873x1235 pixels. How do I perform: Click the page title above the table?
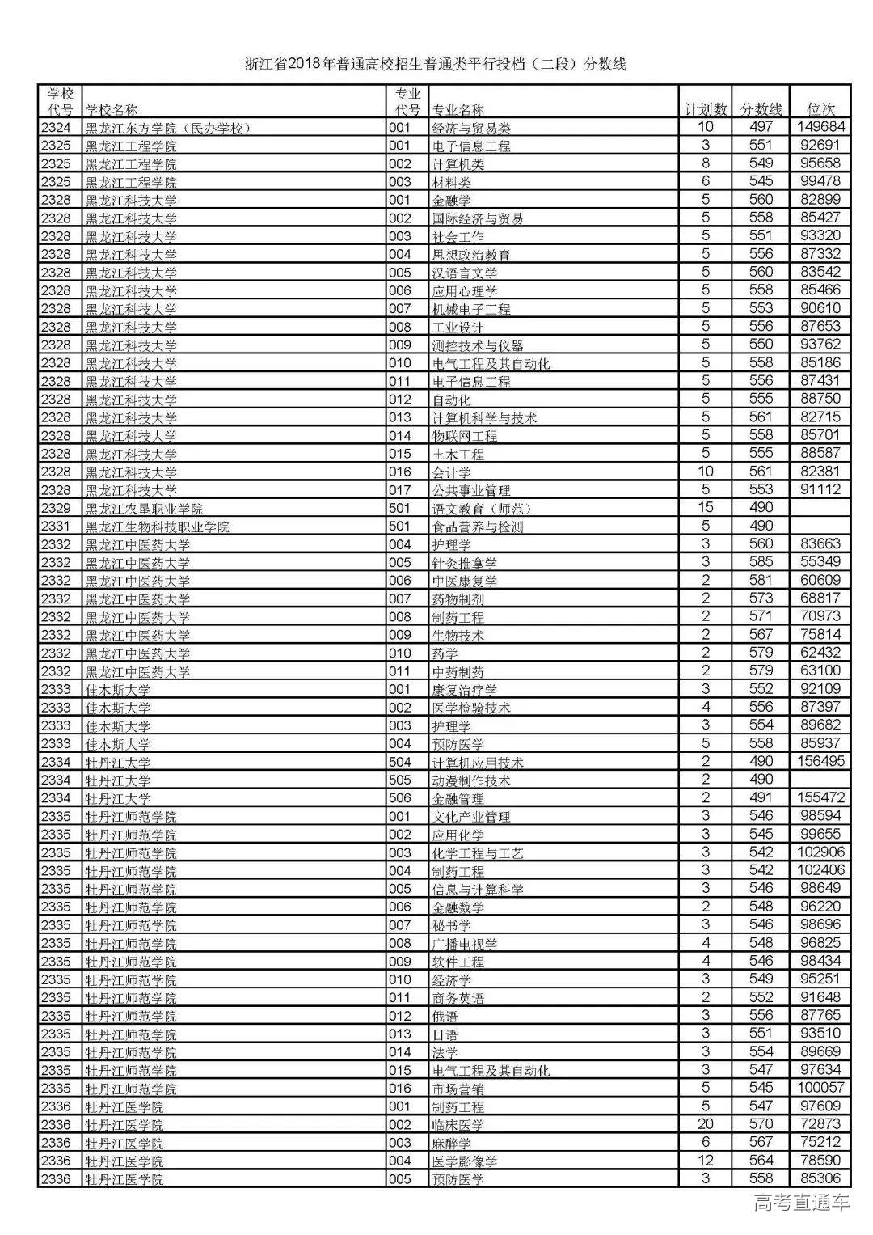(436, 65)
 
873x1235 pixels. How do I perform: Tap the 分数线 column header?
(761, 109)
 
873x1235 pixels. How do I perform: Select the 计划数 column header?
(706, 109)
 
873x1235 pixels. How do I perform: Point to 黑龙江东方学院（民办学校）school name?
(168, 128)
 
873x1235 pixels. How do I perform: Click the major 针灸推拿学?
(465, 563)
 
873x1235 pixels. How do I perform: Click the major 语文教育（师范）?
(482, 509)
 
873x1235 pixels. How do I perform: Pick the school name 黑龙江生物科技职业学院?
(158, 527)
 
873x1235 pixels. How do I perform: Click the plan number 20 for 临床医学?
(706, 1124)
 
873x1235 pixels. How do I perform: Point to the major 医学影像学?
(465, 1161)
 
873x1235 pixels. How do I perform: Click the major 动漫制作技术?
(471, 780)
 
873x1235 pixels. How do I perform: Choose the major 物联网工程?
(465, 436)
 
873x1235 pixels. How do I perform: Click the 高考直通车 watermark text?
(801, 1203)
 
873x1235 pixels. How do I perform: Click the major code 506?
(400, 798)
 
